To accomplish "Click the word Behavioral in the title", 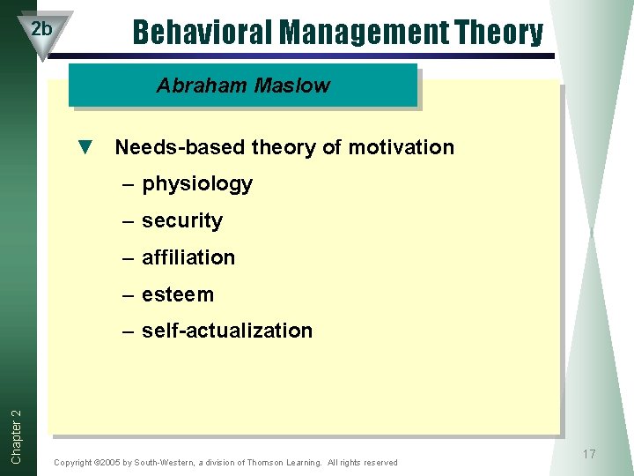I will point(203,33).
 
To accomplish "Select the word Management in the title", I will point(365,33).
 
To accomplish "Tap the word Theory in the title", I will point(499,33).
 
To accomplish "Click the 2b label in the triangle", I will point(41,28).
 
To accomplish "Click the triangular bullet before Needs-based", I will point(85,147).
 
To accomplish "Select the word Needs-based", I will point(181,147).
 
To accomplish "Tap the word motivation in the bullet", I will point(401,147).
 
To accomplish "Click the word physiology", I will point(197,184).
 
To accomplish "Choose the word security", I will point(182,221).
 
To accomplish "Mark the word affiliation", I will point(188,258).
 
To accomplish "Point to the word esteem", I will point(178,294).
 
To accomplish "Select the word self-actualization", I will point(227,331).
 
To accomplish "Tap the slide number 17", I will point(588,454).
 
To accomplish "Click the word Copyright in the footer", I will point(73,463).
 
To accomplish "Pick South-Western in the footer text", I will point(163,463).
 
